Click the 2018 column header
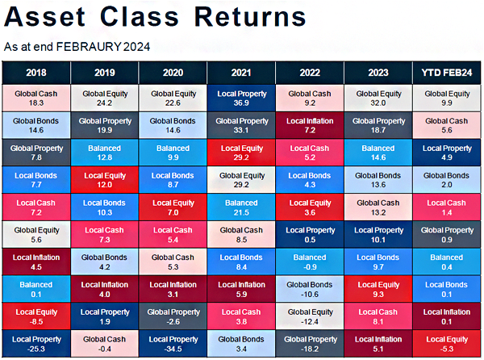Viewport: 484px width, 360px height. click(36, 73)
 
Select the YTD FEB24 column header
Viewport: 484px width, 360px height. click(447, 73)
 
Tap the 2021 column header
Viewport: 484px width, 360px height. click(241, 73)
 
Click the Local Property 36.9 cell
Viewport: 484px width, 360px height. click(241, 98)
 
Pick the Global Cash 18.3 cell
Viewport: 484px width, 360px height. click(36, 98)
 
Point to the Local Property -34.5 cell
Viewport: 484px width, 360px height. click(173, 344)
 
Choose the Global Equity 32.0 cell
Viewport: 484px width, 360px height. click(378, 98)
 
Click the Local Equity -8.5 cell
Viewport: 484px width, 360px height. click(36, 316)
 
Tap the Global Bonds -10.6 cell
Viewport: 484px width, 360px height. click(310, 289)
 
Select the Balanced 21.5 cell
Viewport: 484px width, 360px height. click(241, 207)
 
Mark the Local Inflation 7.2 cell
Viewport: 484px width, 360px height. click(310, 125)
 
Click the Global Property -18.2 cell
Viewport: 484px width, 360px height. click(310, 344)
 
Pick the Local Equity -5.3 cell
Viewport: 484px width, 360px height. click(447, 344)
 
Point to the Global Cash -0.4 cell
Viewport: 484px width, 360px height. click(105, 344)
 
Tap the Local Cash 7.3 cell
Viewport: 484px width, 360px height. click(105, 235)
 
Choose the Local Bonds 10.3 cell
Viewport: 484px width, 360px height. click(105, 207)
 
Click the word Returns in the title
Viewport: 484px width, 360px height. click(250, 17)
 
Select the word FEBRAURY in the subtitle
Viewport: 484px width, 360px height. click(89, 47)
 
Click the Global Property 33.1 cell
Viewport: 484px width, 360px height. click(241, 125)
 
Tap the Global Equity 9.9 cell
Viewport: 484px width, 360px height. click(447, 98)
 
